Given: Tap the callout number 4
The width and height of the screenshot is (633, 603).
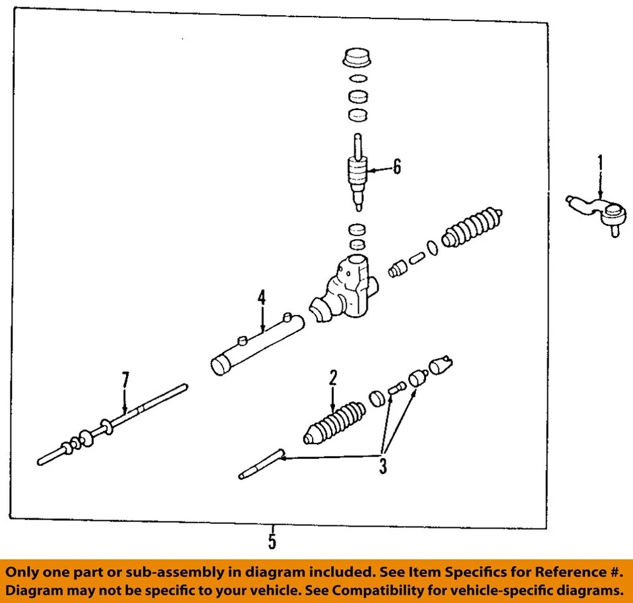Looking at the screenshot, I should (262, 298).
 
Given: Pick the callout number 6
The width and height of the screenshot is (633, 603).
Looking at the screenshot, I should (396, 167).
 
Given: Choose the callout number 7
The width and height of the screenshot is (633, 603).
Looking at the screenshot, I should (125, 380).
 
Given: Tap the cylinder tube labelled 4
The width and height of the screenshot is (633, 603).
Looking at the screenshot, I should (257, 344).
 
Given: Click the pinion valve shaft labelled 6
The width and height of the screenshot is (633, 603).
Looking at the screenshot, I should (357, 175).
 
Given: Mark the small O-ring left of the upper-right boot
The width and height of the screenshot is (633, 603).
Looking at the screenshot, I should (432, 248).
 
